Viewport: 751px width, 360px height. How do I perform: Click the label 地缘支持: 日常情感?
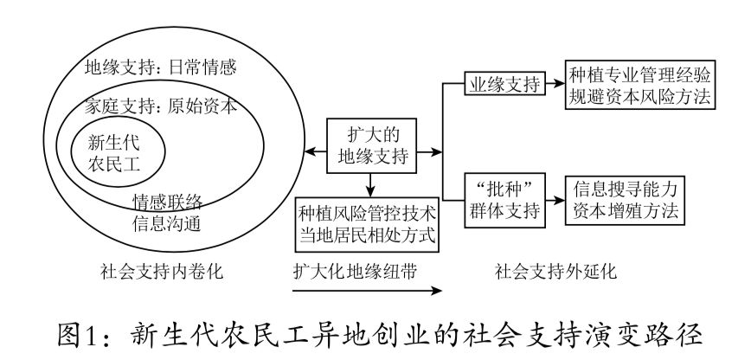[160, 67]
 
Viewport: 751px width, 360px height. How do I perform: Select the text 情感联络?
[167, 202]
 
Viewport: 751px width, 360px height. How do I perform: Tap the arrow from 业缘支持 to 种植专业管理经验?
[554, 84]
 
